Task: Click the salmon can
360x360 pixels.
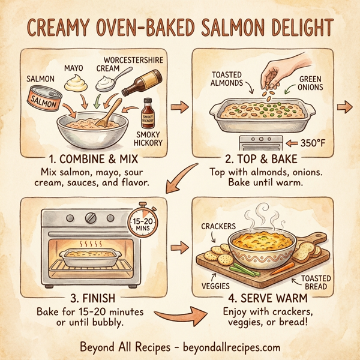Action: pyautogui.click(x=44, y=99)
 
